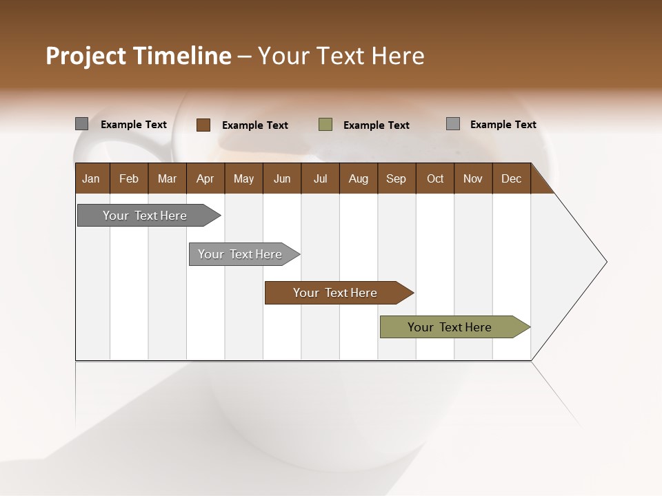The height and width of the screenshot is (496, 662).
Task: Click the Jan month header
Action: coord(92,178)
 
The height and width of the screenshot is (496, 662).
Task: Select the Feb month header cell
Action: coord(129,178)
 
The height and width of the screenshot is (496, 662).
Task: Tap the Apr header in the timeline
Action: coord(205,178)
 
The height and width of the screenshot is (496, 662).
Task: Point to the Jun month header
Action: coord(282,178)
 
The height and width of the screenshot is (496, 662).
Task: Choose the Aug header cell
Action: coord(358,178)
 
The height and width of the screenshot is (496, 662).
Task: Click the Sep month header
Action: coord(396,178)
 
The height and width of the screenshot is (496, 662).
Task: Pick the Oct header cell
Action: coord(435,178)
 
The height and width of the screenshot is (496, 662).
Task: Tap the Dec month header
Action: coord(511,178)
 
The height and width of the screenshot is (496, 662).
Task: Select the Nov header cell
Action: coord(473,178)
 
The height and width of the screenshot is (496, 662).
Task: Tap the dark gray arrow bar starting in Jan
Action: coord(146,216)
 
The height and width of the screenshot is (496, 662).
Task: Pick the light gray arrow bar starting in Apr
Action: coord(241,254)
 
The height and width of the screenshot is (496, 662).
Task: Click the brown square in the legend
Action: coord(203,125)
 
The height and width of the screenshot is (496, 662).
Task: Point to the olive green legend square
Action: coord(325,125)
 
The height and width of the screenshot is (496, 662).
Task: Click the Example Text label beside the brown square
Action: coord(255,125)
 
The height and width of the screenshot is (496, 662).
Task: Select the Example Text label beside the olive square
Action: coord(377,125)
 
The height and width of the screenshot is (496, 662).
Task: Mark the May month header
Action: coord(243,178)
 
